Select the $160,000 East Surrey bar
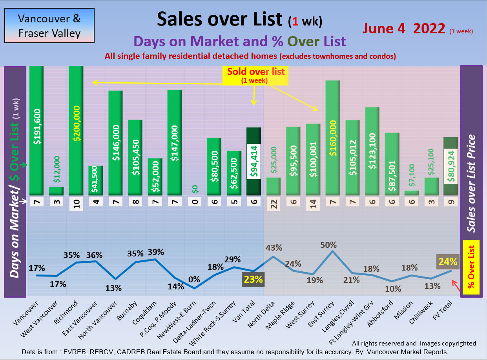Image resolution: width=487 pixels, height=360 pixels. [x=332, y=137]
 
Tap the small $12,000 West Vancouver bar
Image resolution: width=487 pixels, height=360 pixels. [x=56, y=191]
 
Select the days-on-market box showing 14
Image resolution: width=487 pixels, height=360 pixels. [x=313, y=204]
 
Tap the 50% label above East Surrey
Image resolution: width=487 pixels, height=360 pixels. [x=328, y=245]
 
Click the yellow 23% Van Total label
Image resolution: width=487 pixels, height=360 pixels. [x=253, y=280]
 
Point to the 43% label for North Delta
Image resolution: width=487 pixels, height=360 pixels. [x=274, y=247]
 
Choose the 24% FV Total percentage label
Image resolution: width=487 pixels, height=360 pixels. [x=448, y=262]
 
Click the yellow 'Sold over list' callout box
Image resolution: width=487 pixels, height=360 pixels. [x=255, y=75]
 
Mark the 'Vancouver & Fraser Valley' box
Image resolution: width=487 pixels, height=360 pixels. [x=49, y=25]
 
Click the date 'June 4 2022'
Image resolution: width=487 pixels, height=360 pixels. [x=404, y=29]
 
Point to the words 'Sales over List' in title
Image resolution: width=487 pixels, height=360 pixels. [x=219, y=19]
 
